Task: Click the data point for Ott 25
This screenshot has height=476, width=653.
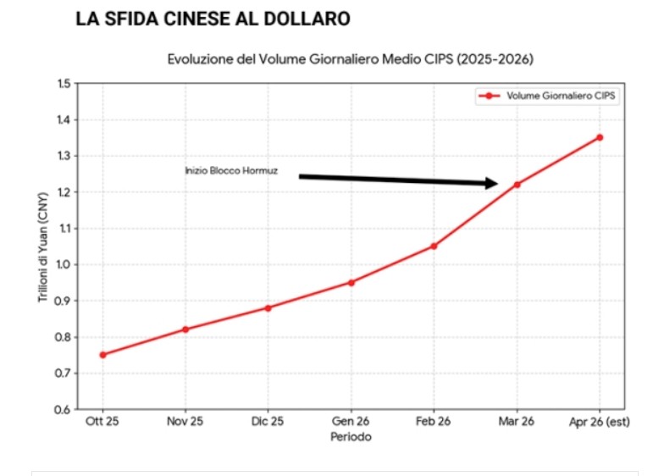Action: pyautogui.click(x=102, y=355)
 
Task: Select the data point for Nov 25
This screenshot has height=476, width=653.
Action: pyautogui.click(x=185, y=329)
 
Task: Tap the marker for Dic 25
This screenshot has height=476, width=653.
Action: pyautogui.click(x=268, y=307)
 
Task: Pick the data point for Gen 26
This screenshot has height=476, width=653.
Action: pyautogui.click(x=351, y=282)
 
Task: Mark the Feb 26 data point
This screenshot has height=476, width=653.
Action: pyautogui.click(x=434, y=246)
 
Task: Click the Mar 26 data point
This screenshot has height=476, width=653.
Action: pyautogui.click(x=517, y=185)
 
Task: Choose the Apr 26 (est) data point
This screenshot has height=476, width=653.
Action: pyautogui.click(x=600, y=137)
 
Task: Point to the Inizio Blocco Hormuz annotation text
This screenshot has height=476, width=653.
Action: pyautogui.click(x=231, y=171)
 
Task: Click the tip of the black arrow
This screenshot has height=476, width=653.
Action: pyautogui.click(x=496, y=183)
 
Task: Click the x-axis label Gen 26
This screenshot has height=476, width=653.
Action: pyautogui.click(x=351, y=422)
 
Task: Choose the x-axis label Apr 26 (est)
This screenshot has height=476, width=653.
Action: pyautogui.click(x=600, y=422)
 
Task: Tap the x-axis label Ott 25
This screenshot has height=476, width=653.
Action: pyautogui.click(x=102, y=422)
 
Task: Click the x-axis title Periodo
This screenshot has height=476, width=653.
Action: pyautogui.click(x=351, y=437)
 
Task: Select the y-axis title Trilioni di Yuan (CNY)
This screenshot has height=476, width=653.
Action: pyautogui.click(x=42, y=246)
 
